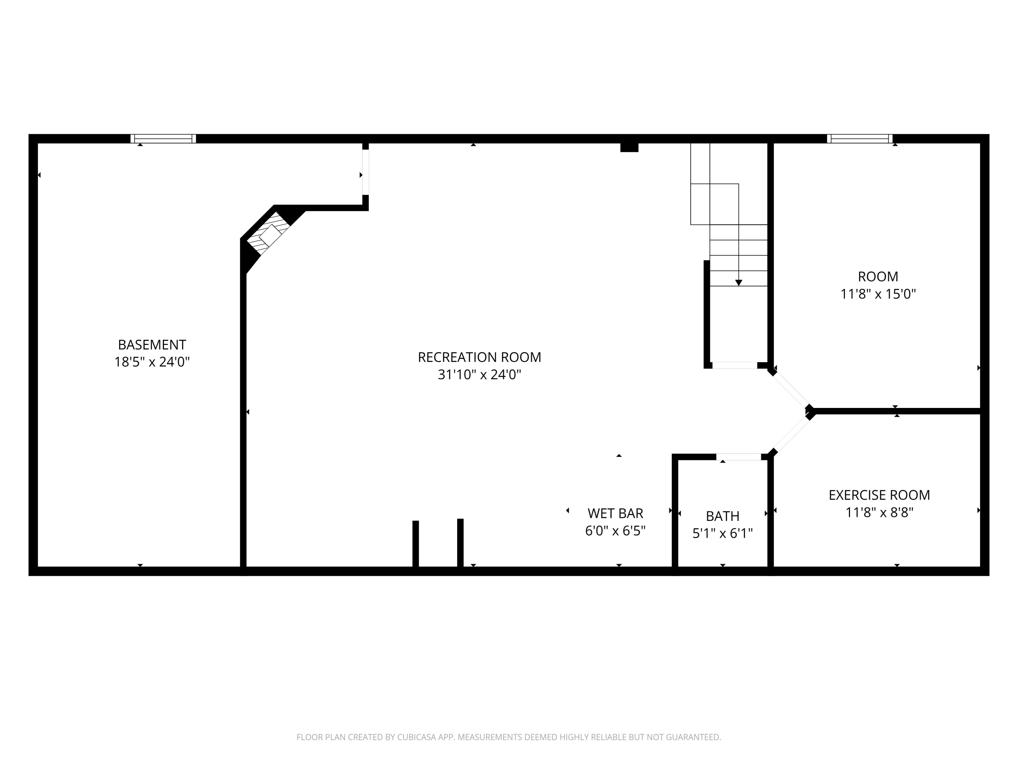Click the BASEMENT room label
point(152,345)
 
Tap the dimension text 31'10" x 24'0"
point(479,375)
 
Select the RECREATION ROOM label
point(479,357)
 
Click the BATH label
point(722,516)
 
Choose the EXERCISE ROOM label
point(879,495)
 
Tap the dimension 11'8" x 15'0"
point(878,294)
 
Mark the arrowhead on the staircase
point(739,283)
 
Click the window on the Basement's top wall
point(163,138)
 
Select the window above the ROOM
point(860,138)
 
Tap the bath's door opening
point(739,457)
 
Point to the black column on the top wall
point(629,147)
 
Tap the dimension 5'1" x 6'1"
point(722,533)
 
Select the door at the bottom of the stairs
point(735,365)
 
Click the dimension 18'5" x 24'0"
point(152,362)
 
